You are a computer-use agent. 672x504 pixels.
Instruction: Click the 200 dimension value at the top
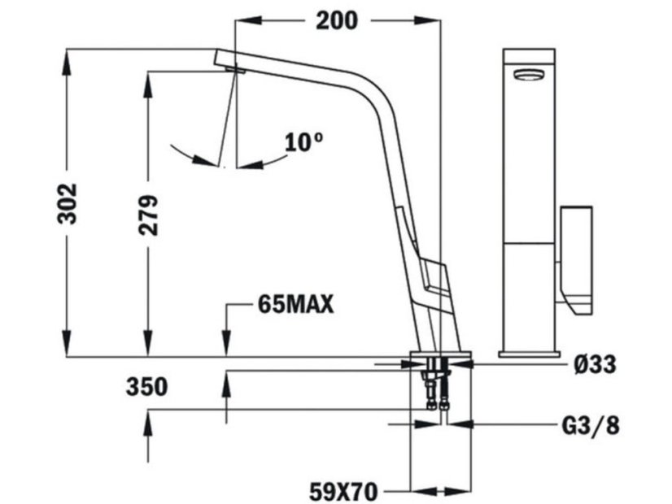335,20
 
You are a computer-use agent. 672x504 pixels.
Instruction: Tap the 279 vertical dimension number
148,215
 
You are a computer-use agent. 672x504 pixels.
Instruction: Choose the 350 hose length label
146,387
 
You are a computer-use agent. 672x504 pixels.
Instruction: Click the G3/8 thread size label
590,425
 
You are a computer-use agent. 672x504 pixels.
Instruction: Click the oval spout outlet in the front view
529,76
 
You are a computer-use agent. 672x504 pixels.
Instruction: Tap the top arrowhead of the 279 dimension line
148,78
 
